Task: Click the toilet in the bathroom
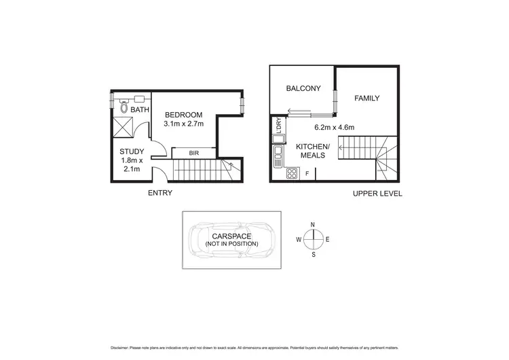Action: pos(124,107)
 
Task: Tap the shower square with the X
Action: pos(124,127)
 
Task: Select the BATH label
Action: pos(140,109)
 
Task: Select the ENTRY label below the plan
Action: pos(159,193)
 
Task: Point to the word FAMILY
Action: pos(366,98)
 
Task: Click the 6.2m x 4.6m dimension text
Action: pos(335,127)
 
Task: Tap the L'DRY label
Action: pos(278,126)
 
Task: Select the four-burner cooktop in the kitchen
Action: pos(292,174)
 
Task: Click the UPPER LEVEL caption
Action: pos(377,194)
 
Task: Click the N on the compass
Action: pos(312,224)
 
